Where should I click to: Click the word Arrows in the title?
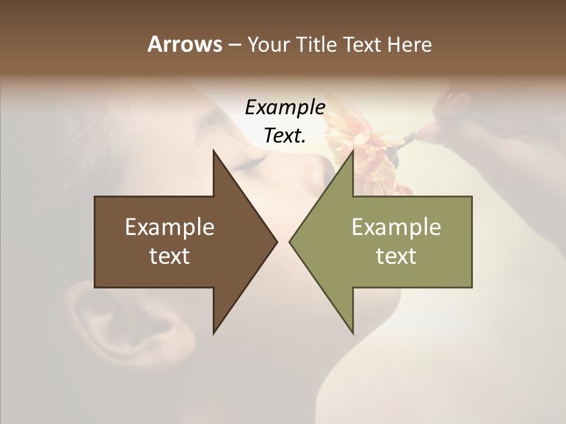click(185, 44)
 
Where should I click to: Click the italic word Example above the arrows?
click(285, 108)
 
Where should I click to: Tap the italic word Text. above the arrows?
click(285, 135)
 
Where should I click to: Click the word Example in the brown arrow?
click(170, 227)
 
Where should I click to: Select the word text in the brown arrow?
click(170, 256)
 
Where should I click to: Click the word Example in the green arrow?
click(396, 227)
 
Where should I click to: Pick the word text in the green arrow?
click(396, 256)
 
